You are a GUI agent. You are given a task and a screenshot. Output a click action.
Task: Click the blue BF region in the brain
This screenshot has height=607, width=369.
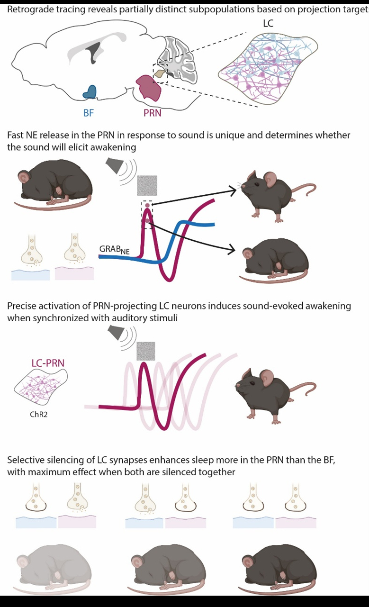[x=90, y=92]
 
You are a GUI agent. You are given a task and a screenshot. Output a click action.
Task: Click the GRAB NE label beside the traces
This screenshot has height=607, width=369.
[x=114, y=250]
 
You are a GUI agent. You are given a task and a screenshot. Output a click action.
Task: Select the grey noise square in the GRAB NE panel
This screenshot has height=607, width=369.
[x=147, y=185]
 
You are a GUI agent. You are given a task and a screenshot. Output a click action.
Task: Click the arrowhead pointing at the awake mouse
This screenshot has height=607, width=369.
[x=233, y=190]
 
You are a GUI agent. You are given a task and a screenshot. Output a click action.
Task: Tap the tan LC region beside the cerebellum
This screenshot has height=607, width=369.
[x=160, y=74]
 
